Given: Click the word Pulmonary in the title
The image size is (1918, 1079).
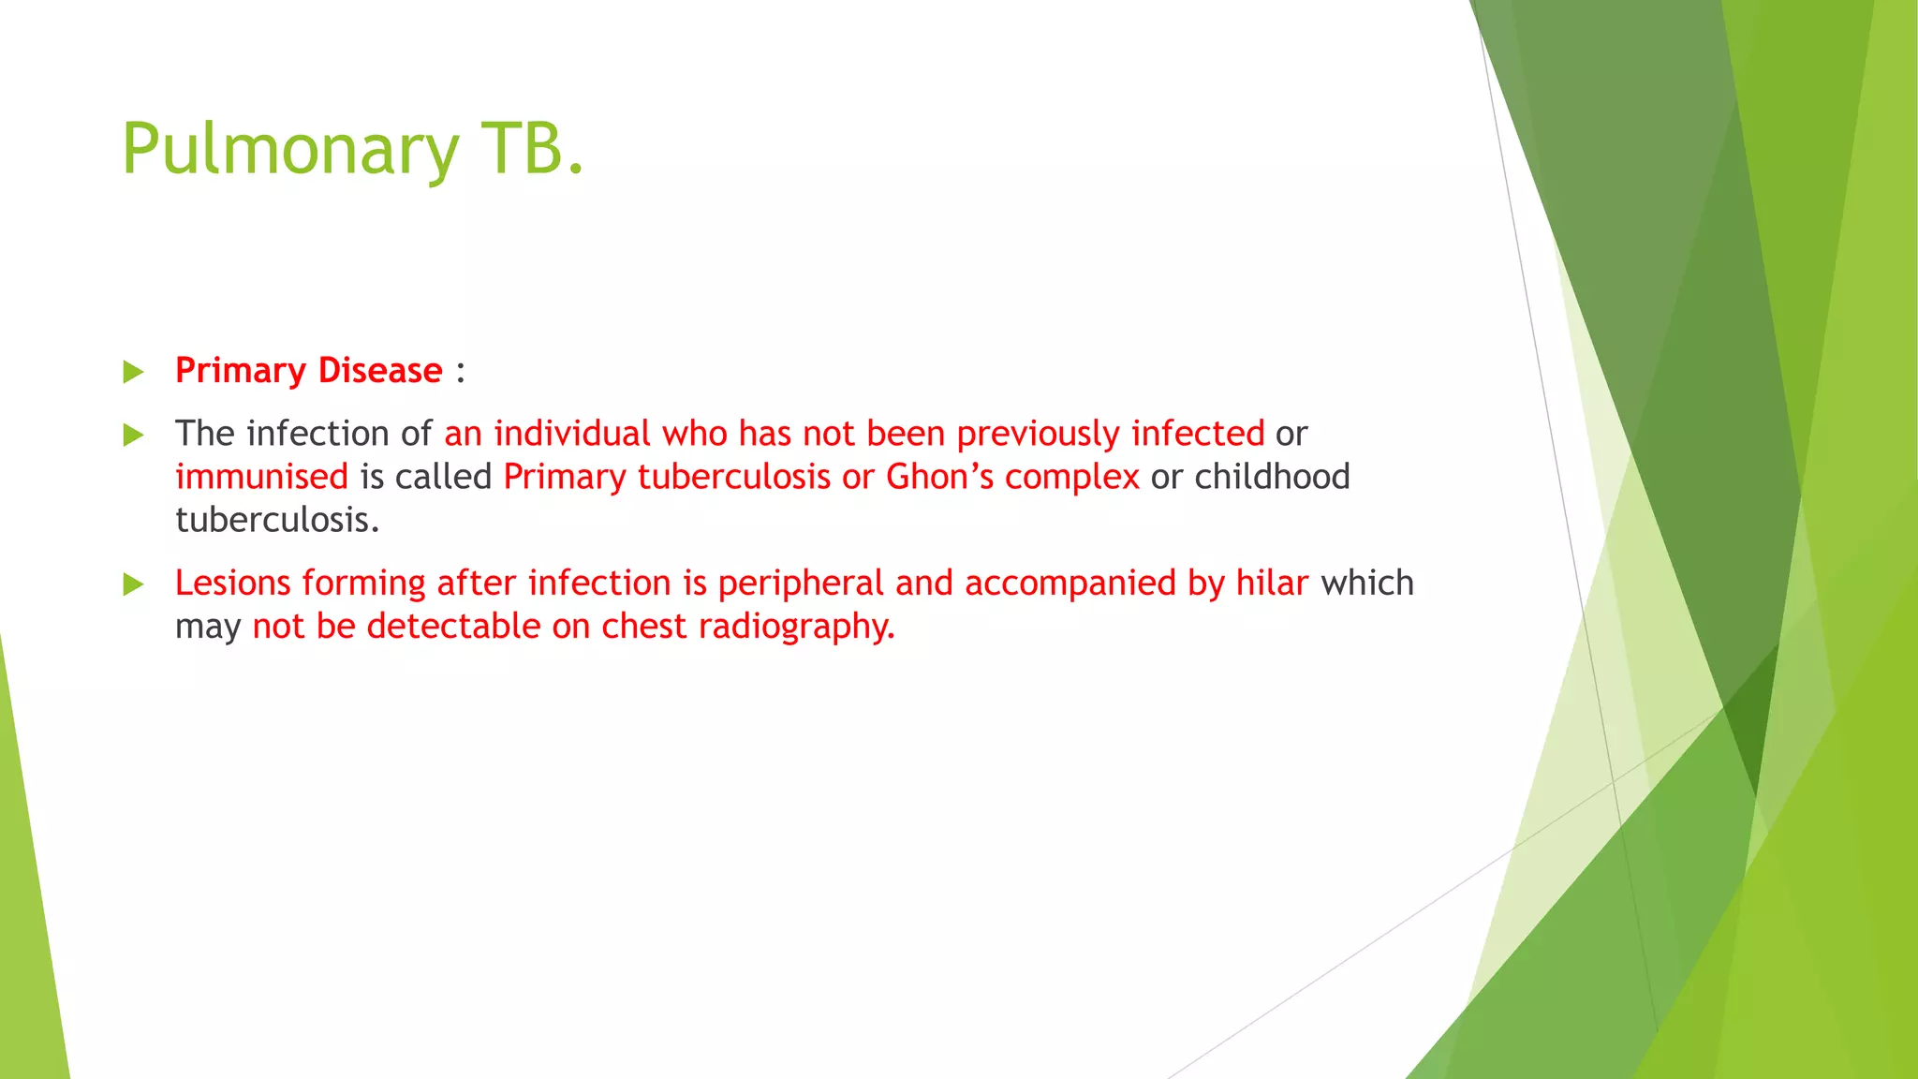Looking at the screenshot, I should coord(290,150).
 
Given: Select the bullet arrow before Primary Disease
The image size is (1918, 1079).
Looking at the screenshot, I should coord(134,372).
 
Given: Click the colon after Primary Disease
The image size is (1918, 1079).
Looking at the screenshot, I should coord(460,372).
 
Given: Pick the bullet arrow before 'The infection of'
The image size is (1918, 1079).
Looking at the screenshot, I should coord(134,435).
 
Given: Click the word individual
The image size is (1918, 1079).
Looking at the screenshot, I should coord(571,433).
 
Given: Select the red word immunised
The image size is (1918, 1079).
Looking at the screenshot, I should coord(261,477).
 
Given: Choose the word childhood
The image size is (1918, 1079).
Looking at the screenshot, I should coord(1272,477).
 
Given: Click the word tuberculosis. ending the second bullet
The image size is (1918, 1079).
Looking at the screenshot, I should coord(277,520).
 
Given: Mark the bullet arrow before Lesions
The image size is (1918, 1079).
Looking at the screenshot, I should coord(134,584).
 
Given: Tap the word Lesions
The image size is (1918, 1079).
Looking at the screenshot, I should coord(233,583).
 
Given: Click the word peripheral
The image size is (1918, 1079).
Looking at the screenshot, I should coord(801,584).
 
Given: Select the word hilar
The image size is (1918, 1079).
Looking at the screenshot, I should coord(1271,583).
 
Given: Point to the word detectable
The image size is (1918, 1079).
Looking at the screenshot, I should coord(453,626).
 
